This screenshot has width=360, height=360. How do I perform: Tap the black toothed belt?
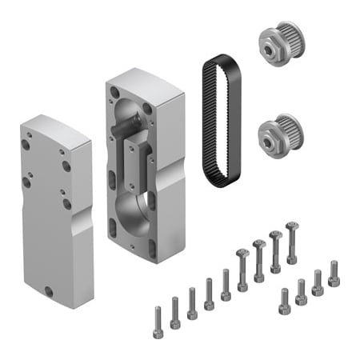207,120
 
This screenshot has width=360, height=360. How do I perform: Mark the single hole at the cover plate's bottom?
49,290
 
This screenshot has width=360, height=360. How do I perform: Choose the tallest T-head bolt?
291,241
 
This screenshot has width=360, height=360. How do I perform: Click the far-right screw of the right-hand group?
334,273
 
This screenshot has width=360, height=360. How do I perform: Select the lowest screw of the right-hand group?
284,302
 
